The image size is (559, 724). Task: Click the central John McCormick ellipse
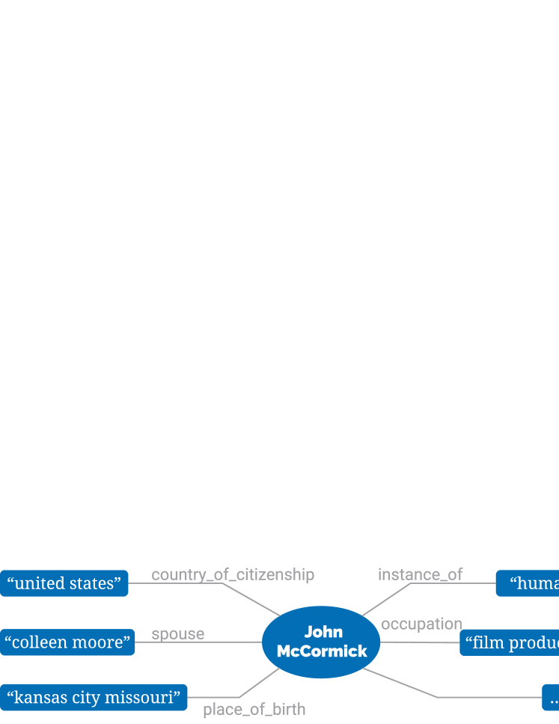point(321,642)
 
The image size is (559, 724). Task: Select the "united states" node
point(64,583)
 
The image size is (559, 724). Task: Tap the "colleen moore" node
point(67,642)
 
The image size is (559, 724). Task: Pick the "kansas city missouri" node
point(94,698)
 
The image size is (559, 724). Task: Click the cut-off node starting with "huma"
point(528,583)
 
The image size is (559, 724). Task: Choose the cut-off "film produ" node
point(510,642)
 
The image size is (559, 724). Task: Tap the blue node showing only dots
point(551,698)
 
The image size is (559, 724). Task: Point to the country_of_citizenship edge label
point(233,575)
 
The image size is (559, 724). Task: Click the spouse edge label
point(178,634)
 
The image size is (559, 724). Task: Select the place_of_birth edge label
point(254,710)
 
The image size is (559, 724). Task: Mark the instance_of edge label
point(421,575)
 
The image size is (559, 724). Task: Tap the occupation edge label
point(421,624)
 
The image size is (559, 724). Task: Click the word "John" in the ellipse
point(323,633)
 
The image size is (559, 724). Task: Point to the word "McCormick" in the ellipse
point(322,651)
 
